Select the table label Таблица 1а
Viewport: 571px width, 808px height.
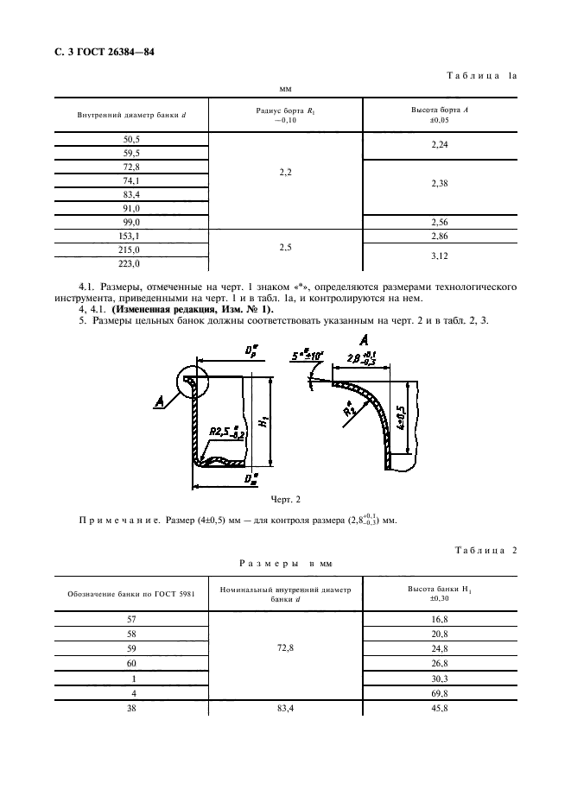pos(481,76)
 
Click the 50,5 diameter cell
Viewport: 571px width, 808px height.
pos(132,139)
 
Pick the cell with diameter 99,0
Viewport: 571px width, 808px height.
pos(132,222)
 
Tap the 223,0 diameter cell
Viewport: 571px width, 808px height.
pos(132,263)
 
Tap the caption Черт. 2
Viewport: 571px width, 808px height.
pos(284,499)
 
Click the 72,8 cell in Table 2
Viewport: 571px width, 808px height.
pos(286,647)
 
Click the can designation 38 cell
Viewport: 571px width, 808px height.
pos(132,710)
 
